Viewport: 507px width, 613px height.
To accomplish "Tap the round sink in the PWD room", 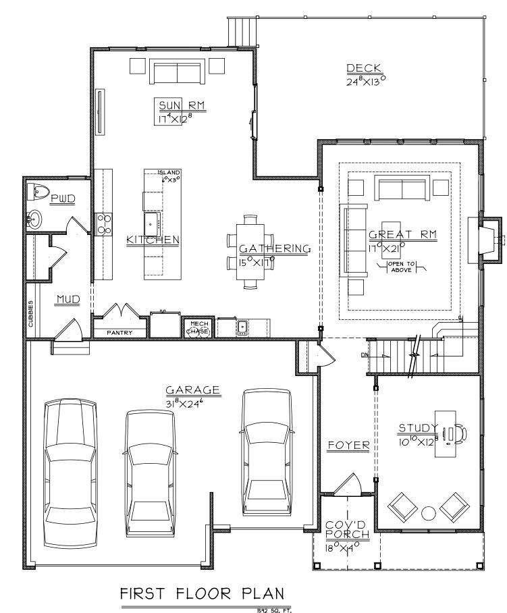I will [35, 219].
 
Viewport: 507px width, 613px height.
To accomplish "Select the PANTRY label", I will [119, 332].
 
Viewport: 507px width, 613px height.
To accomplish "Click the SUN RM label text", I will [182, 105].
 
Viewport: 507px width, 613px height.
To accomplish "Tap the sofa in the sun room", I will [178, 72].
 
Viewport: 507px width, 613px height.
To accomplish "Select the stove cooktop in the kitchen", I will [105, 223].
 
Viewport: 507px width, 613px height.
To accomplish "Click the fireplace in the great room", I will [485, 240].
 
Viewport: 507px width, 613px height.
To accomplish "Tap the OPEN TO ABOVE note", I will [404, 267].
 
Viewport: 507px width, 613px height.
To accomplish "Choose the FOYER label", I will [348, 446].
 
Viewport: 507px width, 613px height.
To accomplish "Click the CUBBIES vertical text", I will [31, 315].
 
